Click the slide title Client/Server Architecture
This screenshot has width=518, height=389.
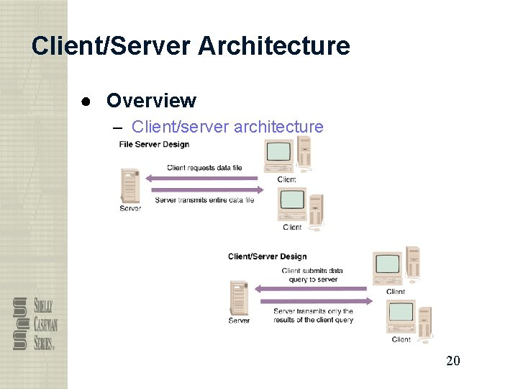click(x=191, y=46)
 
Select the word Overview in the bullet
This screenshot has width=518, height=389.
click(x=151, y=100)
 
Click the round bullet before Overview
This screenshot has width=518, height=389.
click(x=86, y=101)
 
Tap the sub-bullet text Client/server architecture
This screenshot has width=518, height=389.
click(x=227, y=127)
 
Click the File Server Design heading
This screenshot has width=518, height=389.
click(x=154, y=144)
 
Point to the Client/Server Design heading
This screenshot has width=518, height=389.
click(x=267, y=256)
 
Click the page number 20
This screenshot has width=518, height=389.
click(x=453, y=360)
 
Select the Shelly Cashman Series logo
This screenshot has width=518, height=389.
click(x=35, y=323)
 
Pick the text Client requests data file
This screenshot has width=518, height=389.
click(x=204, y=168)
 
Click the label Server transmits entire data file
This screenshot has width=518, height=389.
click(x=204, y=200)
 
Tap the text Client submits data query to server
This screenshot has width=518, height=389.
click(x=313, y=275)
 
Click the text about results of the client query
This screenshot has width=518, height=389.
click(x=313, y=316)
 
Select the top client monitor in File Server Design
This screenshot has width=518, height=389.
click(x=279, y=153)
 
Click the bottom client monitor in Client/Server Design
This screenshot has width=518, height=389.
click(x=401, y=313)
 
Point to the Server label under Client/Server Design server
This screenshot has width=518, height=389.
click(x=239, y=321)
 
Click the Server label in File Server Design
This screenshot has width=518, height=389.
click(x=130, y=209)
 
